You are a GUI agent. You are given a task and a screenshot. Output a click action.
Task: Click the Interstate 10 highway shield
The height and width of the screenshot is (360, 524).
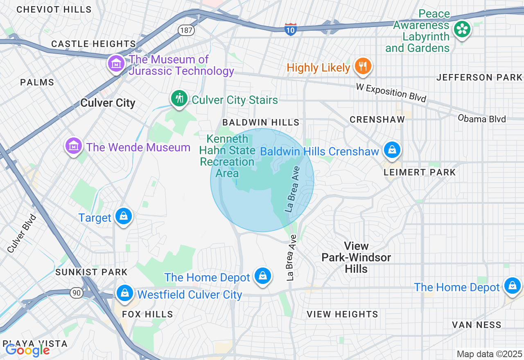click(290, 29)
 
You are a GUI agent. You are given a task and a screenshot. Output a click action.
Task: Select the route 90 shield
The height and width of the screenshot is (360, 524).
click(76, 292)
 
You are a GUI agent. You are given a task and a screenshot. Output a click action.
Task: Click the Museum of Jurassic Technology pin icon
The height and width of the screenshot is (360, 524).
click(116, 64)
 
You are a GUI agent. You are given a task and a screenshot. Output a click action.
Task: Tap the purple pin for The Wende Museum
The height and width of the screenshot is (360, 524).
click(73, 146)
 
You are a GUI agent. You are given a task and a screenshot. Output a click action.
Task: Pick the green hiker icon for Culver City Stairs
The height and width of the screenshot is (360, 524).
click(179, 99)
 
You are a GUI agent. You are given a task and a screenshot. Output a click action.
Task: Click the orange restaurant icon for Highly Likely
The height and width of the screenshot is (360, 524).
click(362, 66)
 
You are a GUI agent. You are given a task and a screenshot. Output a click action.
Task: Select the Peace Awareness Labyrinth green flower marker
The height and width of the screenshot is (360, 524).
click(462, 29)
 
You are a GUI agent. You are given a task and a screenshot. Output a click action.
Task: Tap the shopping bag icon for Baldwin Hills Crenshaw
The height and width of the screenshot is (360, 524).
click(392, 150)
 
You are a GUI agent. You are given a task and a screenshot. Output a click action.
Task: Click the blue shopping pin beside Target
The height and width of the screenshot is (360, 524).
click(123, 216)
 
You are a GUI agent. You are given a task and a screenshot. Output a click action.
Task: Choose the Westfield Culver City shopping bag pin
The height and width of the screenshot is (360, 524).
click(125, 293)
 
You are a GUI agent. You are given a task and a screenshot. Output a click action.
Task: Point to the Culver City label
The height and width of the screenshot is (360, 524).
click(108, 103)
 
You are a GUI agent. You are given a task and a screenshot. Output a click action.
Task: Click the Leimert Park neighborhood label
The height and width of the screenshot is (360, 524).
click(420, 172)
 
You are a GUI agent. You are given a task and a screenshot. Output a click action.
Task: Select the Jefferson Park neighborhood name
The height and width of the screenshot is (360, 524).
click(479, 77)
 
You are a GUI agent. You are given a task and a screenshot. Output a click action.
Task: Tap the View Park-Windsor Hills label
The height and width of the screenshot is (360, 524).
click(356, 257)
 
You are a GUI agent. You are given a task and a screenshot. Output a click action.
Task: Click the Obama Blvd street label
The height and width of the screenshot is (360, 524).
click(482, 119)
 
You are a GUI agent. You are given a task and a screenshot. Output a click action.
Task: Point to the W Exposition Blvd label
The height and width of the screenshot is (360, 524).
click(391, 93)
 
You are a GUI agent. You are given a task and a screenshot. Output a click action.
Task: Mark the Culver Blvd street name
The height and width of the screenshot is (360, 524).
click(22, 233)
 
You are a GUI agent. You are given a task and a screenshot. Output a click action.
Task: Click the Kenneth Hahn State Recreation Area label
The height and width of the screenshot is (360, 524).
click(227, 156)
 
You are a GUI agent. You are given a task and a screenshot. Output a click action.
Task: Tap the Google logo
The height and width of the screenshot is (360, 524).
click(27, 350)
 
